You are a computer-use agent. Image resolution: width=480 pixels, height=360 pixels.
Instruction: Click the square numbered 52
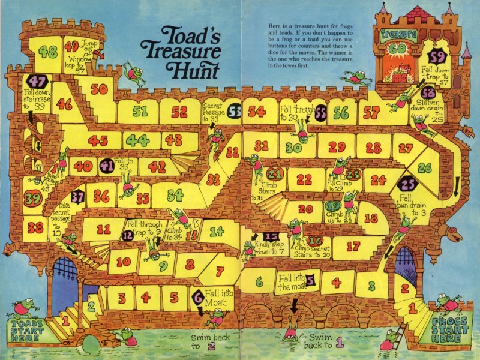179,112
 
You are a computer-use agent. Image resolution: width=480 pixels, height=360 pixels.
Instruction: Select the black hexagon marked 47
38,82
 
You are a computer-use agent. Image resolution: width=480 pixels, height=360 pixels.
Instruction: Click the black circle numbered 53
235,111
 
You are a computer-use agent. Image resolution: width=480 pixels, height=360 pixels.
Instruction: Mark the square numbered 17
353,246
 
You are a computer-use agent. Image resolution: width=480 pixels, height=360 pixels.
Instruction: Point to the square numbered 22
304,179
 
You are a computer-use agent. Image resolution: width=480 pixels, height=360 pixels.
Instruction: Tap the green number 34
175,195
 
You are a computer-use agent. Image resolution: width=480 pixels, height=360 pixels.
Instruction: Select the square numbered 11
103,229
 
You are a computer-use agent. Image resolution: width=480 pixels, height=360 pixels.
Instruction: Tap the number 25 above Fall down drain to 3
409,184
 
